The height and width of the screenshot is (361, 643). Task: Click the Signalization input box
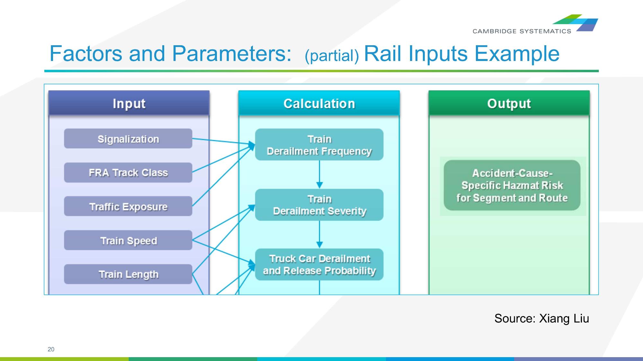128,139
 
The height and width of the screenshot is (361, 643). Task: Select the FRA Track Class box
128,173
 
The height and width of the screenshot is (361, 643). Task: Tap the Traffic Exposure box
128,206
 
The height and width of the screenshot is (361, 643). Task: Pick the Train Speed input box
128,240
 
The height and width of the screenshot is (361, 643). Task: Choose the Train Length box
128,274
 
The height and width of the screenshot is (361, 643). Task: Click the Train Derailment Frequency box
319,145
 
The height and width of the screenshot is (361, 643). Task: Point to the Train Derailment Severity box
319,205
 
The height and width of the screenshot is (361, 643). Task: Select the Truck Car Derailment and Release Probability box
319,264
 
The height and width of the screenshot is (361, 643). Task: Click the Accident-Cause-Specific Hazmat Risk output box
512,185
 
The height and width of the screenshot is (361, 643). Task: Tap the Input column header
129,103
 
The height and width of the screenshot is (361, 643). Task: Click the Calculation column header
319,103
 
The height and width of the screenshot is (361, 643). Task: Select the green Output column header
509,103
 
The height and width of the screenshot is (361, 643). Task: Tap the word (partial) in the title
332,56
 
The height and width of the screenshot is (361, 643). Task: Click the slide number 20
51,349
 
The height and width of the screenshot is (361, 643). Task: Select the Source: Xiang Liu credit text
541,318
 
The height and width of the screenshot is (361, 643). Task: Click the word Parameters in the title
231,53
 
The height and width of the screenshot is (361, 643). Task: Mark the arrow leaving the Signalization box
222,141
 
